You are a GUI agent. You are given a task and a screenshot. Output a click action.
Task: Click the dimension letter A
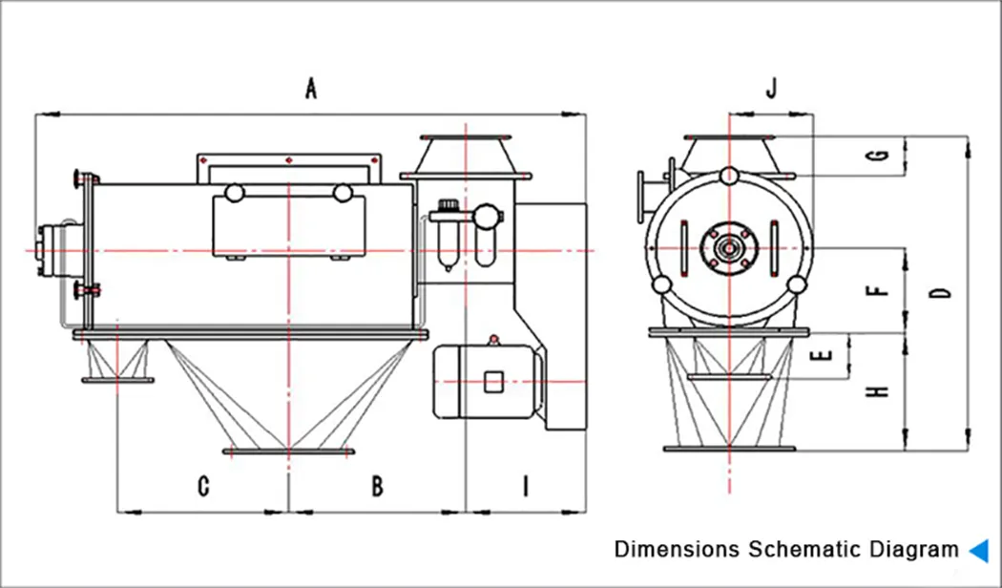[310, 89]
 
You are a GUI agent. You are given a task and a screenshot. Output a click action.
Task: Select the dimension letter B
[378, 487]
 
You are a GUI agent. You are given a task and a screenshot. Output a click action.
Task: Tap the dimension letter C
[203, 487]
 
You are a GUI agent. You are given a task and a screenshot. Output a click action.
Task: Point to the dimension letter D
[942, 293]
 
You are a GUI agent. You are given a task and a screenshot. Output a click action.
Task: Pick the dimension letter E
[826, 356]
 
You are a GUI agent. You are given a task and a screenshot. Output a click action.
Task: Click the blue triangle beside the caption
[978, 550]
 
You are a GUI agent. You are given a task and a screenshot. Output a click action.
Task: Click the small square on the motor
[492, 382]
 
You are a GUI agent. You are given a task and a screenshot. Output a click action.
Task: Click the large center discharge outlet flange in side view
[286, 451]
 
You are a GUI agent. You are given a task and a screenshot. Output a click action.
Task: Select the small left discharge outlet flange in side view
[117, 381]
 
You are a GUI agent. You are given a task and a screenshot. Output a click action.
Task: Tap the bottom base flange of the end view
[730, 449]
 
